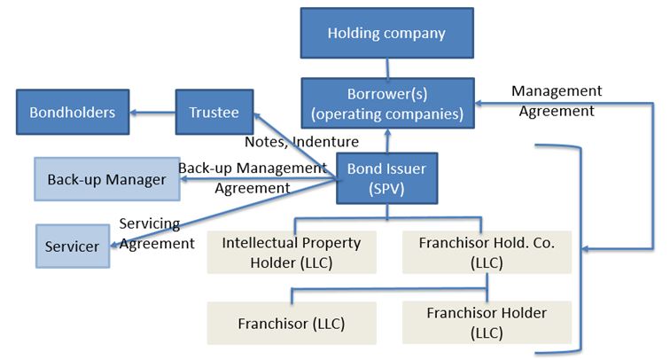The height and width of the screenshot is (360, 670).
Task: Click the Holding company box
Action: click(x=386, y=34)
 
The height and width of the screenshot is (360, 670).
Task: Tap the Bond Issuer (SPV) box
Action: click(x=386, y=177)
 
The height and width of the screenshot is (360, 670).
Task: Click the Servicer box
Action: click(x=72, y=246)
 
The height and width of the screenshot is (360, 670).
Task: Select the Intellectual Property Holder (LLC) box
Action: click(x=292, y=251)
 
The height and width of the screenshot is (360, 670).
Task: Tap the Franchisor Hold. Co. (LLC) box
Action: click(x=487, y=251)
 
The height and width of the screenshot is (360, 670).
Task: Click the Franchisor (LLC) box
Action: click(x=292, y=323)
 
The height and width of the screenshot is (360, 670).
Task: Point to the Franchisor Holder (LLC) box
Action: click(x=487, y=322)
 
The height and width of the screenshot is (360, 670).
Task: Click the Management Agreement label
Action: click(x=557, y=101)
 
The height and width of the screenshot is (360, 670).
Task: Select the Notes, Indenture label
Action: click(x=300, y=141)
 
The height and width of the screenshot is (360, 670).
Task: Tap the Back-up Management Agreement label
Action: click(x=253, y=177)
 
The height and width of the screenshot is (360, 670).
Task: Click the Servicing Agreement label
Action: click(x=156, y=233)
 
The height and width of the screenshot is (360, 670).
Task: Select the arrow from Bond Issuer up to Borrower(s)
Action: click(x=386, y=141)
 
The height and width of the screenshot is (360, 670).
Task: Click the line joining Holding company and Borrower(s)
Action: click(x=386, y=67)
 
